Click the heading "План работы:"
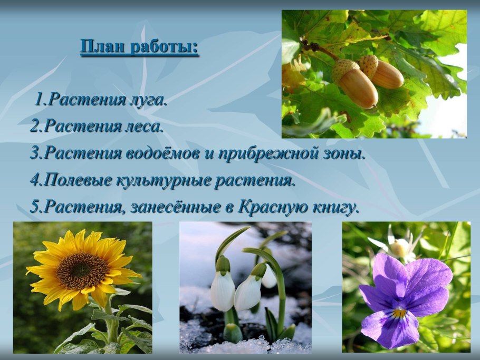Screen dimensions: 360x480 (139, 47)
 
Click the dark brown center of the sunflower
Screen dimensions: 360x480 (82, 270)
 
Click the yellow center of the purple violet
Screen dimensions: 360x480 (399, 314)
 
